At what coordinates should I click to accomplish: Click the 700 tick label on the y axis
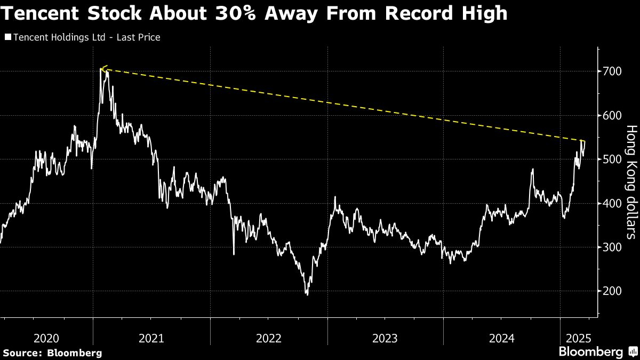[611, 71]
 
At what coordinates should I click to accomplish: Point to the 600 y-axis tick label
[611, 115]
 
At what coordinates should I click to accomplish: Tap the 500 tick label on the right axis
[611, 159]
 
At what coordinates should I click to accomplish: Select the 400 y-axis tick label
[611, 203]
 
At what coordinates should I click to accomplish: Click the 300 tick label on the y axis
[611, 247]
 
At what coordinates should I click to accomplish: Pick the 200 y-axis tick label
[611, 291]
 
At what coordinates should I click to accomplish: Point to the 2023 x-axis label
[385, 338]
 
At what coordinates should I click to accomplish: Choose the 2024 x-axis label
[501, 338]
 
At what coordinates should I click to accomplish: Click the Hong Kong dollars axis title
[631, 181]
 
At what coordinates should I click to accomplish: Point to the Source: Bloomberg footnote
[52, 353]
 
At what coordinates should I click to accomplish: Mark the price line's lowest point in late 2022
[307, 294]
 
